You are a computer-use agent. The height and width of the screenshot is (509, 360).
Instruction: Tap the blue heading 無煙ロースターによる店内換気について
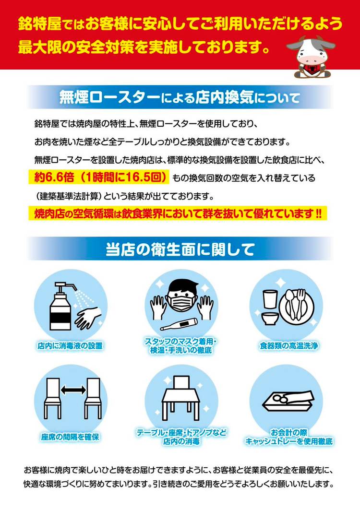[x=180, y=97]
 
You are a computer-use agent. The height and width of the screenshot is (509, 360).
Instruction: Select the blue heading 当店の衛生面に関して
[x=180, y=249]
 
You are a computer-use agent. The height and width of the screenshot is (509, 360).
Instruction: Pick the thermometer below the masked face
[x=179, y=324]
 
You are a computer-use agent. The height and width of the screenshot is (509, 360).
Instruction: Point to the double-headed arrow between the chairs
[x=73, y=390]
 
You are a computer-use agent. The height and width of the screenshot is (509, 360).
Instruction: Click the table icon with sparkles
[x=181, y=398]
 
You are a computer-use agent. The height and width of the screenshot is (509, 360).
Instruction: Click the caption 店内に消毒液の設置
[x=70, y=346]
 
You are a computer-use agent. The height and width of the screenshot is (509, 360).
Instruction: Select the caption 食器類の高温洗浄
[x=289, y=346]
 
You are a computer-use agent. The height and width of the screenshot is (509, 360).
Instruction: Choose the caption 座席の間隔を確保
[x=70, y=437]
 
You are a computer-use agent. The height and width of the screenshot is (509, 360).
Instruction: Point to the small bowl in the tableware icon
[x=271, y=318]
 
